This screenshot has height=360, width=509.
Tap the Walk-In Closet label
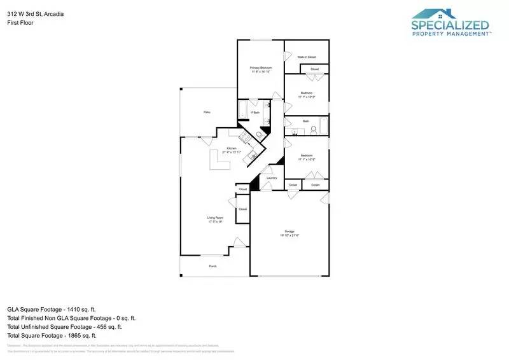307,57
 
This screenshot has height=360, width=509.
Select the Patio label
207,112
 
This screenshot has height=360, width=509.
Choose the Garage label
289,233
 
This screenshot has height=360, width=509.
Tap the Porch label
213,266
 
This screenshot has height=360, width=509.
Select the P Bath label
255,113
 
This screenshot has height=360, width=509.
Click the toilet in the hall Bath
313,130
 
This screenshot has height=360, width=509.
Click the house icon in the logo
433,14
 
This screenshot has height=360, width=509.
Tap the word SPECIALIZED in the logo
450,26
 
